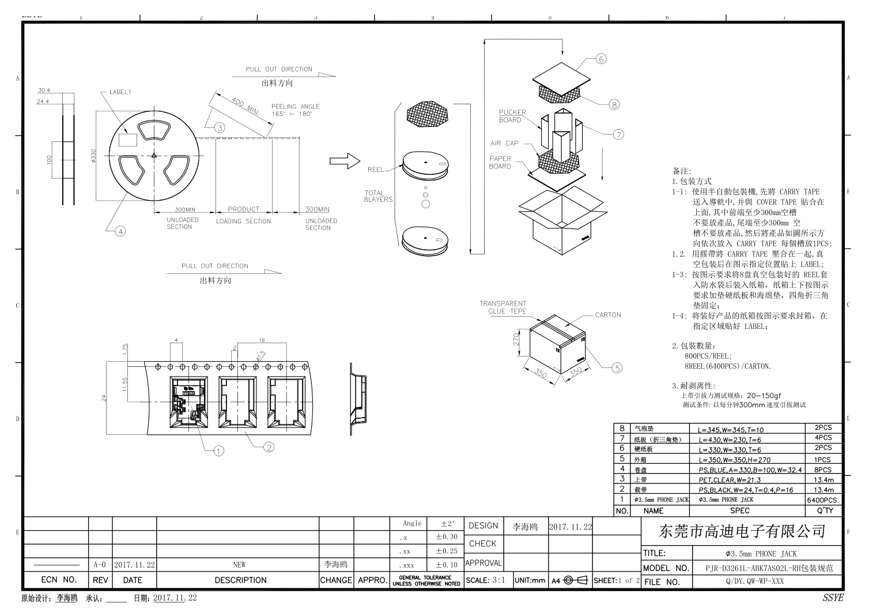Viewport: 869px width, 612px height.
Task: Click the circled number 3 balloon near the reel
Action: (x=220, y=128)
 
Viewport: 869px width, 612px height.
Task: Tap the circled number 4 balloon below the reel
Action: (x=120, y=231)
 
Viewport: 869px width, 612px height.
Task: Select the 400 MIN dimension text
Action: (x=245, y=107)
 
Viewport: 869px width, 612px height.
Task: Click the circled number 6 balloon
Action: (x=600, y=59)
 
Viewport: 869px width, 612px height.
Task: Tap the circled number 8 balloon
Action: (x=614, y=104)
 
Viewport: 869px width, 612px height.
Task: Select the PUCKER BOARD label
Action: (x=512, y=116)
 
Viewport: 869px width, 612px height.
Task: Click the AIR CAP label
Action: (x=504, y=143)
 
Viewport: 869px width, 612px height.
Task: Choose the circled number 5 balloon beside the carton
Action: (x=617, y=367)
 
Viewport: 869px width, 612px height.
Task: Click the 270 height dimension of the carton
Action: (x=517, y=338)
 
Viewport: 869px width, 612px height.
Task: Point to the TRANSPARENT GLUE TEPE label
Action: (x=502, y=307)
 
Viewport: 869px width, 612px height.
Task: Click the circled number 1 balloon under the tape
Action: (x=218, y=451)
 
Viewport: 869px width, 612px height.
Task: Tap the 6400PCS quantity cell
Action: (x=822, y=500)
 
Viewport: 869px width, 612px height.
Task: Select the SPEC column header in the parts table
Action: (x=739, y=510)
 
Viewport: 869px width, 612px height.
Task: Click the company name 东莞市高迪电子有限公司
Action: (x=741, y=531)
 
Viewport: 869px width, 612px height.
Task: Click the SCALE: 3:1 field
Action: (x=485, y=580)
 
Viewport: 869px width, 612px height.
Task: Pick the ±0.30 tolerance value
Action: (x=446, y=537)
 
